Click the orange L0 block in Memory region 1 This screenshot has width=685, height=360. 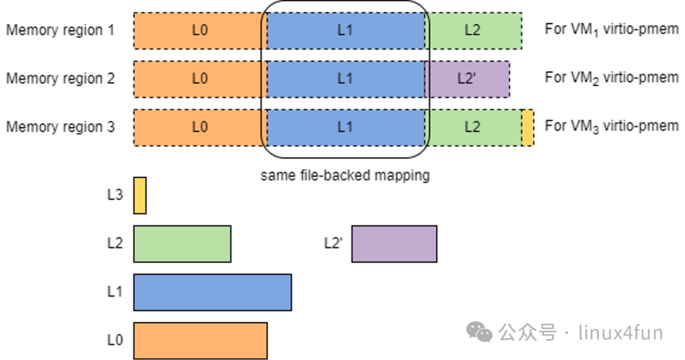pos(199,30)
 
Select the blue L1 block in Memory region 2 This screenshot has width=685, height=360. pos(345,79)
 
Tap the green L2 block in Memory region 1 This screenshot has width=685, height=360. pos(473,30)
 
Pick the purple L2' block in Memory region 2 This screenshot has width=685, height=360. pos(467,79)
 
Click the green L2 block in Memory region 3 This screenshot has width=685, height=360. pos(473,127)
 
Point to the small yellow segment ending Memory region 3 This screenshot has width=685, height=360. pos(528,127)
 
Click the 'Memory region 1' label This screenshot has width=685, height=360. pos(60,30)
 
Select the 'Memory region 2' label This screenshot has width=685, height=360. pos(60,79)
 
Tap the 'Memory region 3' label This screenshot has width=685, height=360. pos(60,127)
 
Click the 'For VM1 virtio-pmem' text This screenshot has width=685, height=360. pos(611,30)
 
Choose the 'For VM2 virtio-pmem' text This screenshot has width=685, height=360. pos(611,78)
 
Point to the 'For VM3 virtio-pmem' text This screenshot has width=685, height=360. pos(611,126)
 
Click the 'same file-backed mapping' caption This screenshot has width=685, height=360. pos(345,175)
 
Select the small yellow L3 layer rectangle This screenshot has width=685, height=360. pos(140,195)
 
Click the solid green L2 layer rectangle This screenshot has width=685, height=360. pos(182,243)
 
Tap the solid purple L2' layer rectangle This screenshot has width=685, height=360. pos(394,243)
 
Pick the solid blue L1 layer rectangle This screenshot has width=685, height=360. pos(212,292)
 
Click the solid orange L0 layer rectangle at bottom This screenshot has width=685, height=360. pos(200,341)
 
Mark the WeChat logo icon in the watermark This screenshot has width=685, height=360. pos(480,331)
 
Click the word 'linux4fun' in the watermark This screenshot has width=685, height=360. pos(620,333)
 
